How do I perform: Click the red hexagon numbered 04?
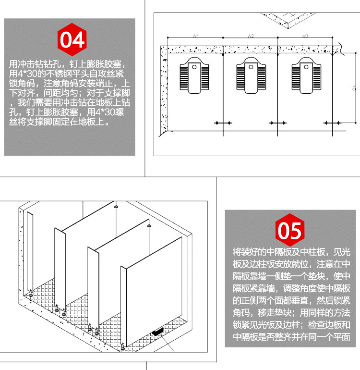coord(72,39)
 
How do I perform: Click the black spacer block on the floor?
coord(156,331)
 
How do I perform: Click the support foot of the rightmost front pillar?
coord(124,345)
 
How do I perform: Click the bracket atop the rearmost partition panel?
coord(116,207)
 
